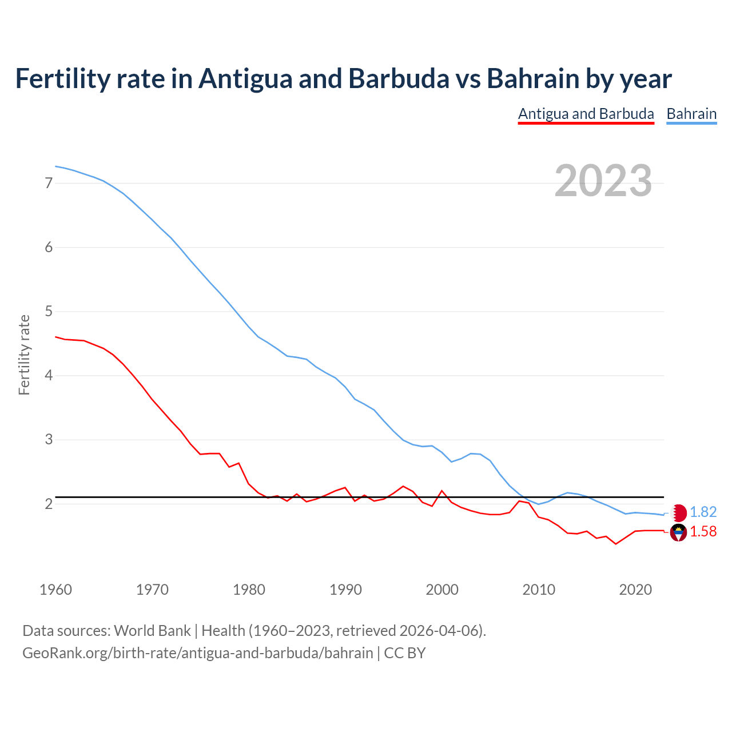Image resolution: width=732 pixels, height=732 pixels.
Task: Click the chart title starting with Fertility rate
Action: tap(343, 78)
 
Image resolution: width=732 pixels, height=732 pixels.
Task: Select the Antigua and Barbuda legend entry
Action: tap(586, 114)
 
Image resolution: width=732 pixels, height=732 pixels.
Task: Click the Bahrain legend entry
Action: tap(691, 114)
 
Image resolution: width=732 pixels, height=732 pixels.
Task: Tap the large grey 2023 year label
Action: tap(603, 181)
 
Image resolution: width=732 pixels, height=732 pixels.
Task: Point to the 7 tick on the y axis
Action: tap(49, 184)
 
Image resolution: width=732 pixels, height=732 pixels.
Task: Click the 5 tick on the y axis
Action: tap(49, 312)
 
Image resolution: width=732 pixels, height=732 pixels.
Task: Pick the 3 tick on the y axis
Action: tap(49, 440)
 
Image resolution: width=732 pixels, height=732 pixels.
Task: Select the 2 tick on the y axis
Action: tap(49, 504)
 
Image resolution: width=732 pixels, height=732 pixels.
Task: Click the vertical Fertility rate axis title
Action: tap(24, 355)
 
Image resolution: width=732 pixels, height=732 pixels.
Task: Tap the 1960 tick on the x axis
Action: tap(55, 590)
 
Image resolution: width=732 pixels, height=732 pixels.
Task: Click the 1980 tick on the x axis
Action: tap(249, 590)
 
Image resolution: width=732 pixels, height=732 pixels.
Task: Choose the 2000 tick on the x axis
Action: tap(442, 590)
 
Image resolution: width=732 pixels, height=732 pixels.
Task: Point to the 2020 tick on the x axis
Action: tap(635, 590)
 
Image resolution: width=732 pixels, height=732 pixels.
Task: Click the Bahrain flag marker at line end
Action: tap(678, 512)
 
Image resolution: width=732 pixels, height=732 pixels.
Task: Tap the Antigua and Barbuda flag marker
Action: tap(678, 532)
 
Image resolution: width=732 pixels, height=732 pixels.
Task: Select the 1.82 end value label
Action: tap(703, 512)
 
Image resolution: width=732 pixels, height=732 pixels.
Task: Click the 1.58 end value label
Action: tap(703, 532)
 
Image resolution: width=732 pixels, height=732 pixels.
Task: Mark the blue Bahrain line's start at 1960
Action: tap(56, 166)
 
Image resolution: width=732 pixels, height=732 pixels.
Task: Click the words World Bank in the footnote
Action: tap(152, 631)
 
